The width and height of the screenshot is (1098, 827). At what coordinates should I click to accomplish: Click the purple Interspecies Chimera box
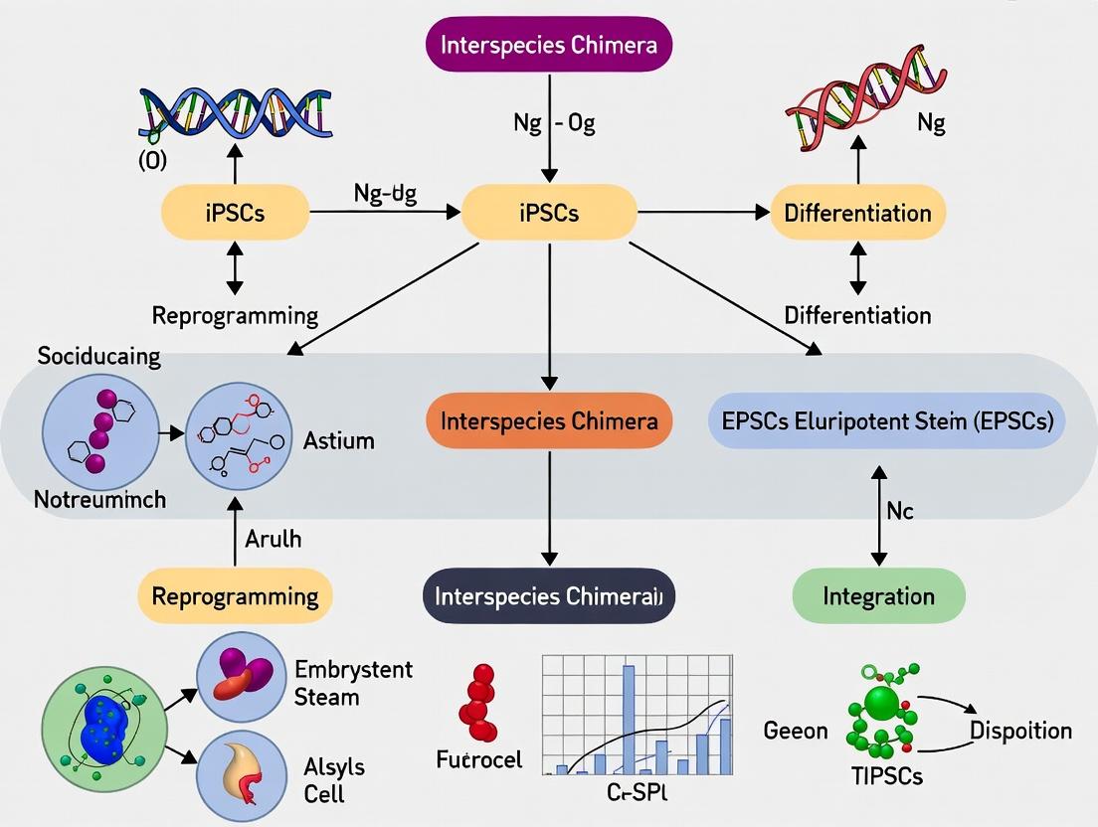549,47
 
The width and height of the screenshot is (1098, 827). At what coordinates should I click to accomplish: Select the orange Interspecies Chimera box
549,420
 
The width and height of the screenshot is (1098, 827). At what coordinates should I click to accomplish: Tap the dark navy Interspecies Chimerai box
549,595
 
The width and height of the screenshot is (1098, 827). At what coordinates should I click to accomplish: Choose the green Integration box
878,596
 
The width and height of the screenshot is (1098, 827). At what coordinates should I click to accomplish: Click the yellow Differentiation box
857,213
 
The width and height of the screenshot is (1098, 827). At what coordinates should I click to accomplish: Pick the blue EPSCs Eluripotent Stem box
886,420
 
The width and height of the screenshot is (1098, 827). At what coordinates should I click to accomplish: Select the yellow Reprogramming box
235,596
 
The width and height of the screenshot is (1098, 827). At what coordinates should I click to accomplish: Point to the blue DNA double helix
235,111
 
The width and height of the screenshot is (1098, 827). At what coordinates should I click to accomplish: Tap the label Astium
339,440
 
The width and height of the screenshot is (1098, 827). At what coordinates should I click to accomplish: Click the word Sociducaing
98,356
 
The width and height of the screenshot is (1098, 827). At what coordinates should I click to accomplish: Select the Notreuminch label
99,500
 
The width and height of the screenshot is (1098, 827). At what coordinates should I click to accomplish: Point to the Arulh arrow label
273,540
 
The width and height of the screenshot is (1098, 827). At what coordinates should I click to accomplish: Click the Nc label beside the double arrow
899,511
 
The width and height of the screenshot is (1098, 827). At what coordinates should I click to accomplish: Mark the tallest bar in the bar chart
628,719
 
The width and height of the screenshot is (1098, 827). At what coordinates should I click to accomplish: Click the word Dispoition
1020,731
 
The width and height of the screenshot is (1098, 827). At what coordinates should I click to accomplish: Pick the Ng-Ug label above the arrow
384,194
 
